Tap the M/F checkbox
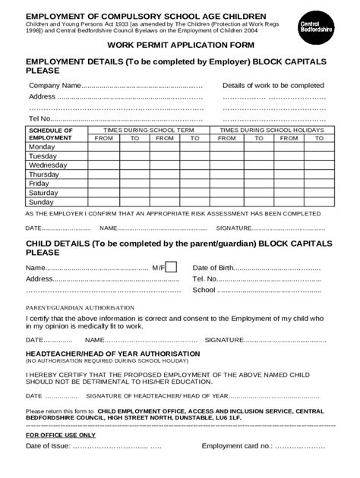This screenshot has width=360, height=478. [x=172, y=266]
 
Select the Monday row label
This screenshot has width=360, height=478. [x=43, y=147]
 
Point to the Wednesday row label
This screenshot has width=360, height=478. [x=48, y=165]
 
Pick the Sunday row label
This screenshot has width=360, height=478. [x=42, y=202]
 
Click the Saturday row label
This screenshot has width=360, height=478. [x=43, y=193]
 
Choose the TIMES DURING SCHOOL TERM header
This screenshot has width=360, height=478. [x=149, y=130]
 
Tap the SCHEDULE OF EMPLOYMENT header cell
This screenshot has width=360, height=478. [x=51, y=134]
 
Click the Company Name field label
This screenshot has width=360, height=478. [x=55, y=86]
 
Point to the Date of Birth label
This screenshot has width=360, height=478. [x=213, y=268]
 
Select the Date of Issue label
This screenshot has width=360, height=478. [x=49, y=446]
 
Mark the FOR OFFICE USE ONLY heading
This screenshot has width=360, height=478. [x=61, y=435]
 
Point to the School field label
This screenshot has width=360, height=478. [x=204, y=290]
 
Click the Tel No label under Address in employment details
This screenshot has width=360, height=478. [x=39, y=119]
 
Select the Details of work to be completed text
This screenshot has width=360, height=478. [x=273, y=86]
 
